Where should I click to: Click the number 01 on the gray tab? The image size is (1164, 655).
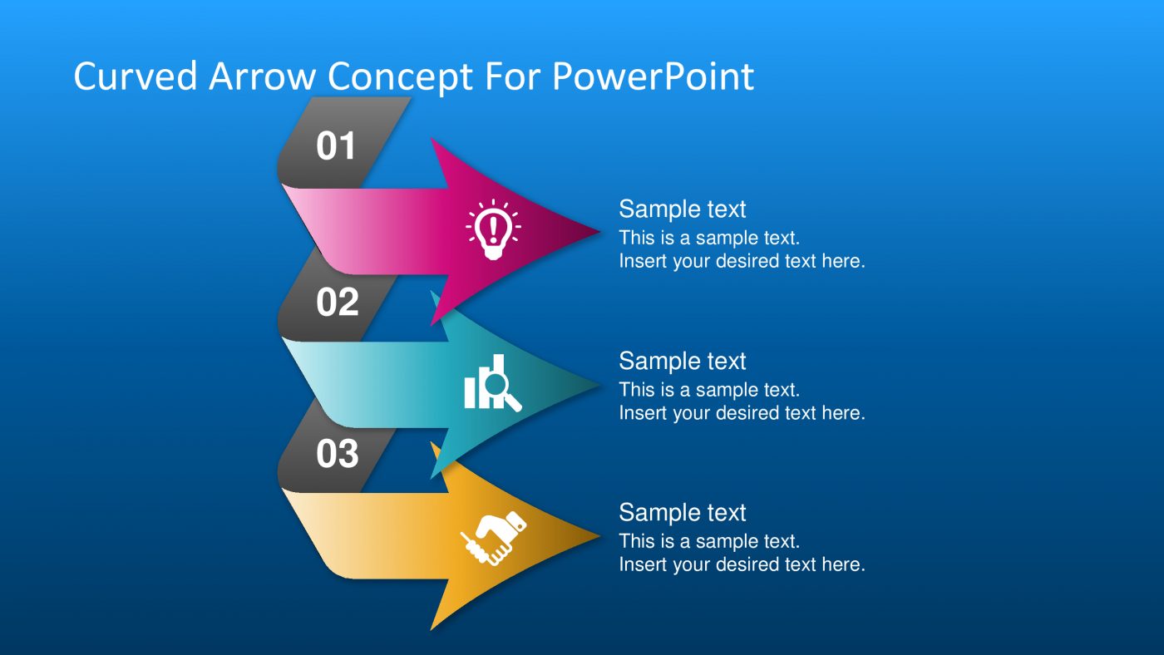click(x=336, y=146)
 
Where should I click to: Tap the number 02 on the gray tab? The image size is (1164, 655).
click(x=337, y=303)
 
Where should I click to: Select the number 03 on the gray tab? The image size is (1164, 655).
click(x=337, y=454)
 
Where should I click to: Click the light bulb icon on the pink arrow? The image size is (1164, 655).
click(x=493, y=229)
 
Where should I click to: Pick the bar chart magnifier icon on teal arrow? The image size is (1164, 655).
click(x=492, y=383)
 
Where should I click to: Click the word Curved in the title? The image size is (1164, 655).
click(x=136, y=76)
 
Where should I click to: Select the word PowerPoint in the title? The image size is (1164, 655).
click(x=653, y=76)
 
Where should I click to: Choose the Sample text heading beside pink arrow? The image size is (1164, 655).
click(x=682, y=209)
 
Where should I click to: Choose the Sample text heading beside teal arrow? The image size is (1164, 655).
click(x=682, y=361)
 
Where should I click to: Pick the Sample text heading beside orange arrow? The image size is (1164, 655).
click(x=682, y=513)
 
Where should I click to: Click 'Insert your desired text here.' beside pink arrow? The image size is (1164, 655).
click(x=742, y=261)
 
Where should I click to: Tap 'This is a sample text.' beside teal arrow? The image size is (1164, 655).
click(x=708, y=390)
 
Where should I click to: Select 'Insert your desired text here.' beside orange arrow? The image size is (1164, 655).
click(x=742, y=565)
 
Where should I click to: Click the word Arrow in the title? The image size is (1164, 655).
click(x=262, y=76)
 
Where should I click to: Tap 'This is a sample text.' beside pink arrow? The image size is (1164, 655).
click(x=708, y=238)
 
